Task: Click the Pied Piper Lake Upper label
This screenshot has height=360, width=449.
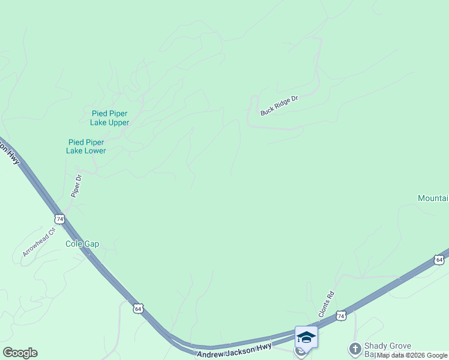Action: (110, 118)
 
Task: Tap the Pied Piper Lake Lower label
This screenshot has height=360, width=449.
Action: (86, 146)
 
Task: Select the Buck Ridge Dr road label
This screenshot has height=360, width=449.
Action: (279, 106)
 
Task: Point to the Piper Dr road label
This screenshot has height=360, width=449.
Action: (76, 186)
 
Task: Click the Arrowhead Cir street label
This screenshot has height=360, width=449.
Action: (39, 242)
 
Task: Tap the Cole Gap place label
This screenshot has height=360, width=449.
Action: (82, 244)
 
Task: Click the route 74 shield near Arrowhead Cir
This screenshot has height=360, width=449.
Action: (59, 218)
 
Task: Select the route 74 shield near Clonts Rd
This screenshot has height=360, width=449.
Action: (341, 316)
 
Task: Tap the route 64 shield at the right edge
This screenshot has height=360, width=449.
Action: (439, 260)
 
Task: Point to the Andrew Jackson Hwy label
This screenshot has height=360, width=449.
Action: (234, 350)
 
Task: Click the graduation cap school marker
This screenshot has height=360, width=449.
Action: (306, 337)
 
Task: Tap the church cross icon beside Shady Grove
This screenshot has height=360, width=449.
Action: (355, 349)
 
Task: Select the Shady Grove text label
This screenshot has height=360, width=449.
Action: (388, 346)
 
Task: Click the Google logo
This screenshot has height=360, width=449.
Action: (20, 353)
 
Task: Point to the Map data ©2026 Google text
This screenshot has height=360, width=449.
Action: (412, 356)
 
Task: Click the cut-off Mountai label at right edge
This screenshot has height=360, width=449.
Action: (433, 199)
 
